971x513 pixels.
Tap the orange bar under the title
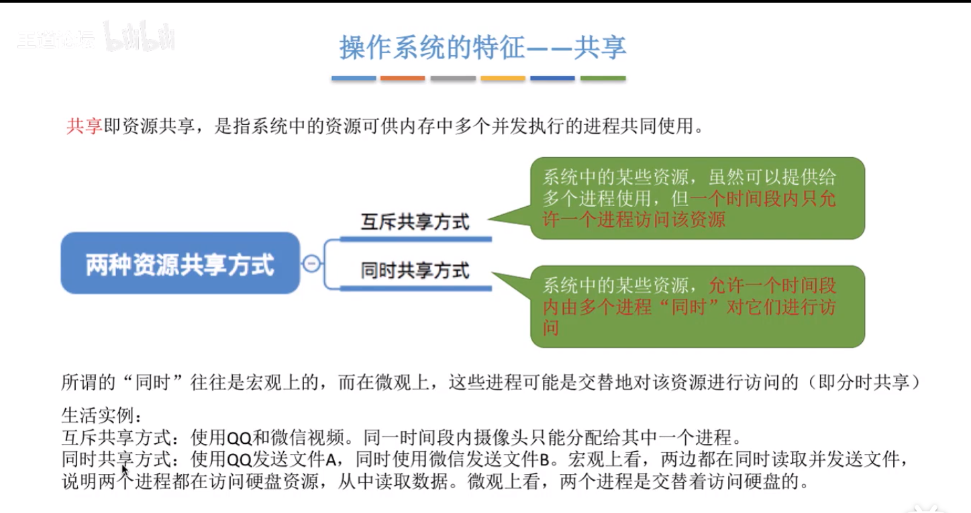(403, 79)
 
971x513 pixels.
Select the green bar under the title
(603, 79)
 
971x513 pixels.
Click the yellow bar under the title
(503, 79)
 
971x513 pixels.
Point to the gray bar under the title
(453, 79)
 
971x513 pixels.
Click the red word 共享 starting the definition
(83, 126)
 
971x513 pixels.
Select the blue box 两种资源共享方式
(180, 263)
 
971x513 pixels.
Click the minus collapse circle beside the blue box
(311, 263)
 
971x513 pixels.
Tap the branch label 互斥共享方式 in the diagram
(415, 222)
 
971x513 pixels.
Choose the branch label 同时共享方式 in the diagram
(415, 271)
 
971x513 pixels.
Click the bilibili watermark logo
(140, 37)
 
